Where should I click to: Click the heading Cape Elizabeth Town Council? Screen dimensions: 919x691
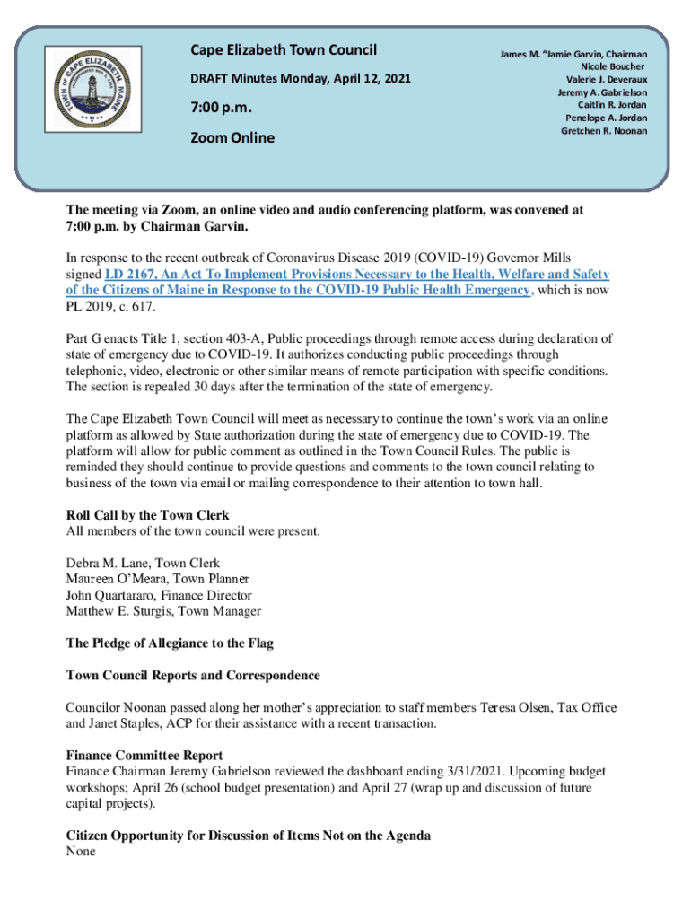283,50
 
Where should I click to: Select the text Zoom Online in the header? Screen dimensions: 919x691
232,138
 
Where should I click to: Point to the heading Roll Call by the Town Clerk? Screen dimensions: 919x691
148,515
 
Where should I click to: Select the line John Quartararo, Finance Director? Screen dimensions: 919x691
159,596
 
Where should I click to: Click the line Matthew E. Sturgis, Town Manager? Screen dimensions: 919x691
163,612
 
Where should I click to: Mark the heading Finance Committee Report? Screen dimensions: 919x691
144,756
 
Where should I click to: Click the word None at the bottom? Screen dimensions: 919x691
83,853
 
